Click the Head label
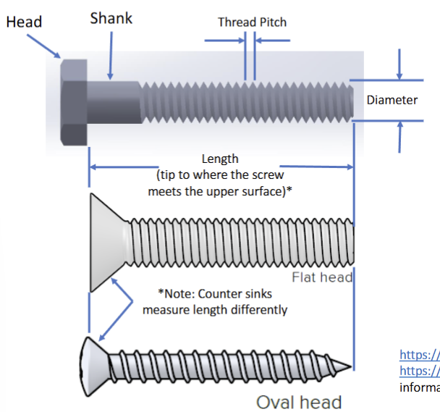tap(24, 21)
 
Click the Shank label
tap(111, 18)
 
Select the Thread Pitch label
tap(252, 22)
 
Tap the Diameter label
tap(392, 100)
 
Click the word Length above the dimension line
tap(220, 158)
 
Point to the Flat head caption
tap(322, 277)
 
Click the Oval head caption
tap(299, 401)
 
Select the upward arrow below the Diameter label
tap(399, 138)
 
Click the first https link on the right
tap(419, 356)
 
